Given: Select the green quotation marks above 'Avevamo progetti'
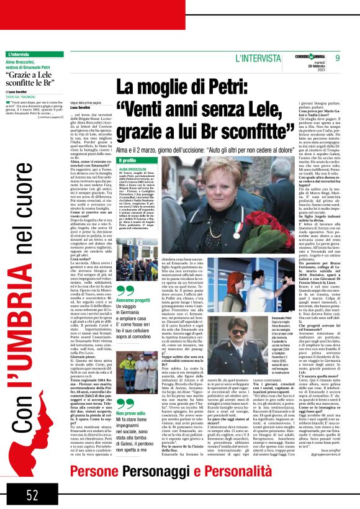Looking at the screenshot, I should [x=126, y=290].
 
